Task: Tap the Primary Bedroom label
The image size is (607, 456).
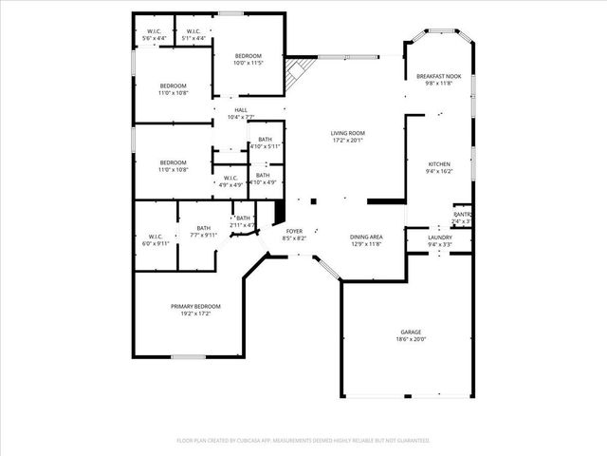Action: point(195,306)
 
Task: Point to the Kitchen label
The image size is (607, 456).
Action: point(438,164)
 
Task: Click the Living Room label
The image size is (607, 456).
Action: point(347,133)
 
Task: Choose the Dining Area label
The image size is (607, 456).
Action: point(366,237)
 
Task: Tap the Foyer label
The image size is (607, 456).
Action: point(295,231)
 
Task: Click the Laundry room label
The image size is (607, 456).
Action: point(440,237)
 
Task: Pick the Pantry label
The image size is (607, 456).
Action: point(462,215)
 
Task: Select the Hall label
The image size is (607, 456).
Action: point(241,110)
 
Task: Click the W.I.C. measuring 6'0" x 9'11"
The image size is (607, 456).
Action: point(156,239)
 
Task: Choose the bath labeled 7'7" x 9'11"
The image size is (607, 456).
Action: point(204,232)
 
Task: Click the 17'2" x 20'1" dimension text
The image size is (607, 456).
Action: point(347,140)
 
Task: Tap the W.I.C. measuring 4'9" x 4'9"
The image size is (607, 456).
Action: point(230,180)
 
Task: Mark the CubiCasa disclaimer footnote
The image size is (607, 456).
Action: point(303,441)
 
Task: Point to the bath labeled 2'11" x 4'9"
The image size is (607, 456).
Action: point(243,221)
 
